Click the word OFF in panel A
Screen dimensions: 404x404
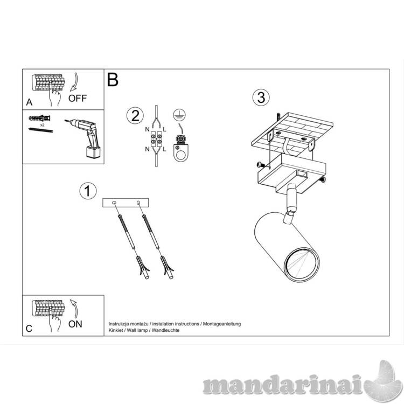[78, 98]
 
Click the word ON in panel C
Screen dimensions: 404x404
[75, 324]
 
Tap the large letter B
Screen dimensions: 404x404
[113, 80]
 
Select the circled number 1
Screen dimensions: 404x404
[88, 191]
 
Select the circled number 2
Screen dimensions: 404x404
[135, 116]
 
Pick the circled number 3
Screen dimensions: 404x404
[261, 97]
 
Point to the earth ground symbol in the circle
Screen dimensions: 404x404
[179, 115]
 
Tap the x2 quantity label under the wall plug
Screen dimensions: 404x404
[42, 125]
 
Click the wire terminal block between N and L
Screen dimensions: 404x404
[156, 139]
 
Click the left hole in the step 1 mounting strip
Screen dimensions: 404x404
[114, 203]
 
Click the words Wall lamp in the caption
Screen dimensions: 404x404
[137, 330]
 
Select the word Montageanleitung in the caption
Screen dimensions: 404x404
[222, 324]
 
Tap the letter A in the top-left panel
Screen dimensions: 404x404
[29, 102]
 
